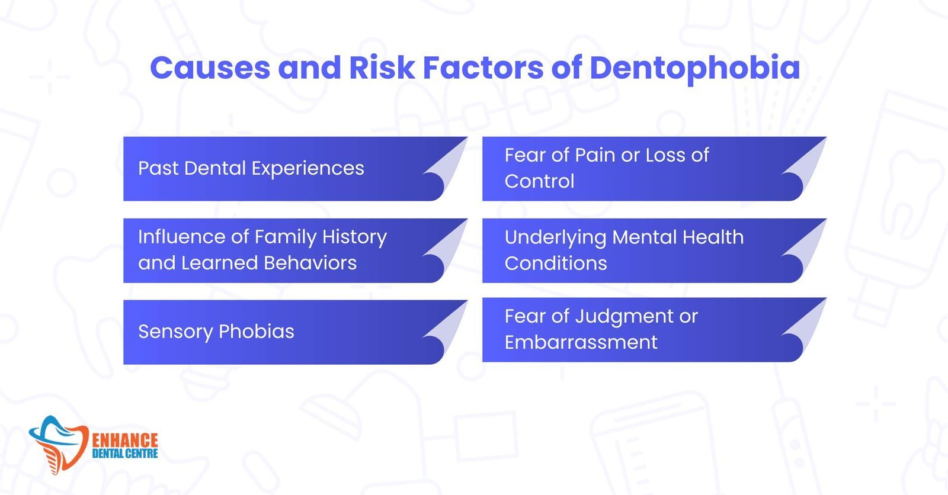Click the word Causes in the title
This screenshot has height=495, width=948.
click(x=210, y=67)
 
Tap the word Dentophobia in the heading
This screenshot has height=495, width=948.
click(x=694, y=69)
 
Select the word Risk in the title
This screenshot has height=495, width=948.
click(x=382, y=67)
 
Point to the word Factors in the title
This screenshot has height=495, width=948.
click(x=483, y=67)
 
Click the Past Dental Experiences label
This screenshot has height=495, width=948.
click(x=251, y=168)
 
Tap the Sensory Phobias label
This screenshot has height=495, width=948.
click(x=216, y=332)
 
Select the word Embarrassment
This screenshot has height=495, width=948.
click(x=581, y=342)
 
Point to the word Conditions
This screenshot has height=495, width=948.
click(x=556, y=263)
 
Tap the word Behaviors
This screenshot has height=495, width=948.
click(x=310, y=263)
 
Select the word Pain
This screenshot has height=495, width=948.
click(x=595, y=155)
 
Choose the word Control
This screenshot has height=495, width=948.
click(x=539, y=181)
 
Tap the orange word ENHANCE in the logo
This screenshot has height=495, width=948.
click(x=125, y=441)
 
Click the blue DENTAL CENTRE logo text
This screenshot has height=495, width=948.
click(x=125, y=454)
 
